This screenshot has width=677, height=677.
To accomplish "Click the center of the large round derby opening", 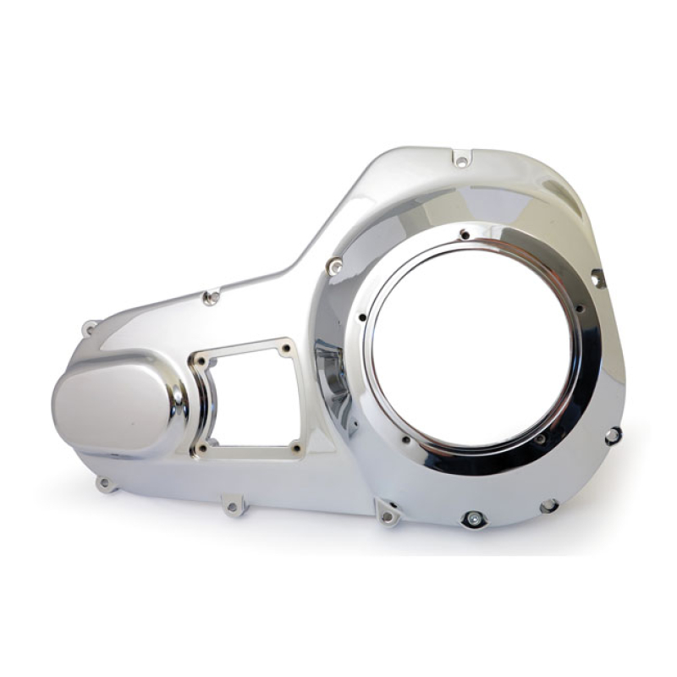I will tap(472, 344).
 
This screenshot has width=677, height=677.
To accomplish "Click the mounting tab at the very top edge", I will tap(461, 159).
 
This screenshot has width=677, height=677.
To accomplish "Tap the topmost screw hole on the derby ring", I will tap(464, 234).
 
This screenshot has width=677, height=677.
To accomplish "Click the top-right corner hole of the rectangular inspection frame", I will tap(286, 348).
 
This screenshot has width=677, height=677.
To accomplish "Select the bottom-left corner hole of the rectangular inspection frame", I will tap(201, 447).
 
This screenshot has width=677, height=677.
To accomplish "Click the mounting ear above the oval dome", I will tap(89, 327).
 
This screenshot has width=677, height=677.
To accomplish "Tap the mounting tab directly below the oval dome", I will tap(105, 484).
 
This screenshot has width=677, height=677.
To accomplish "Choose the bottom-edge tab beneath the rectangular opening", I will tap(233, 507).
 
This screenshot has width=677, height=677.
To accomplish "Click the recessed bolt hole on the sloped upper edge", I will tap(211, 297).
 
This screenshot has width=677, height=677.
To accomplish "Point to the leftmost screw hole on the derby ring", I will tap(362, 319).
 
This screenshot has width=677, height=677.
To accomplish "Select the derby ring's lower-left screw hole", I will tap(405, 440).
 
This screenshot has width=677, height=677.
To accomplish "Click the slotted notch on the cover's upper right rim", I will tap(597, 278).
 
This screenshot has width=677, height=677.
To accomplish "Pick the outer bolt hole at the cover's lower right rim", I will tap(613, 436).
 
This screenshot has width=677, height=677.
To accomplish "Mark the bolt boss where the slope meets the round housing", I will tap(335, 267).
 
